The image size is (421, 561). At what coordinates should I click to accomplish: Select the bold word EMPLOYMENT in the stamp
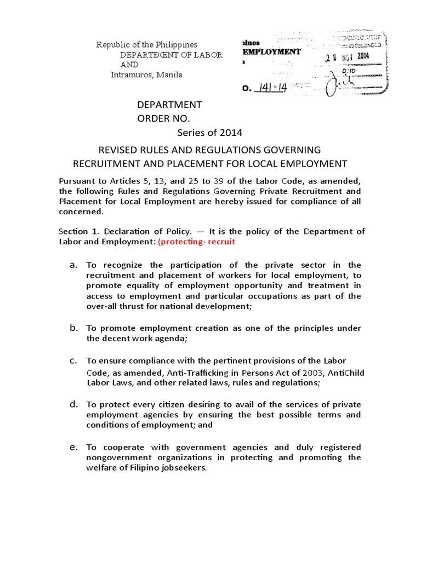(271, 51)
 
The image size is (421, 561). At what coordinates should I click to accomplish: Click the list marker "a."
(73, 265)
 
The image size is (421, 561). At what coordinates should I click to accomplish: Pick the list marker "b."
(73, 328)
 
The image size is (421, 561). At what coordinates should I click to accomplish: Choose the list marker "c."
(73, 360)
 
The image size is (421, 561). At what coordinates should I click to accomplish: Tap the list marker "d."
(73, 404)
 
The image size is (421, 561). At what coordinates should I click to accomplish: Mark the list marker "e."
(73, 447)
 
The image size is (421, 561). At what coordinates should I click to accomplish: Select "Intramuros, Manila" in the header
(146, 75)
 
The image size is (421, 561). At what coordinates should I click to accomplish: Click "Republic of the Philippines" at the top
(146, 44)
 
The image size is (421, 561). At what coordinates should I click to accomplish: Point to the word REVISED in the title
(117, 150)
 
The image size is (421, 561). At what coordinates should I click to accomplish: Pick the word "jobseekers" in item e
(183, 468)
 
